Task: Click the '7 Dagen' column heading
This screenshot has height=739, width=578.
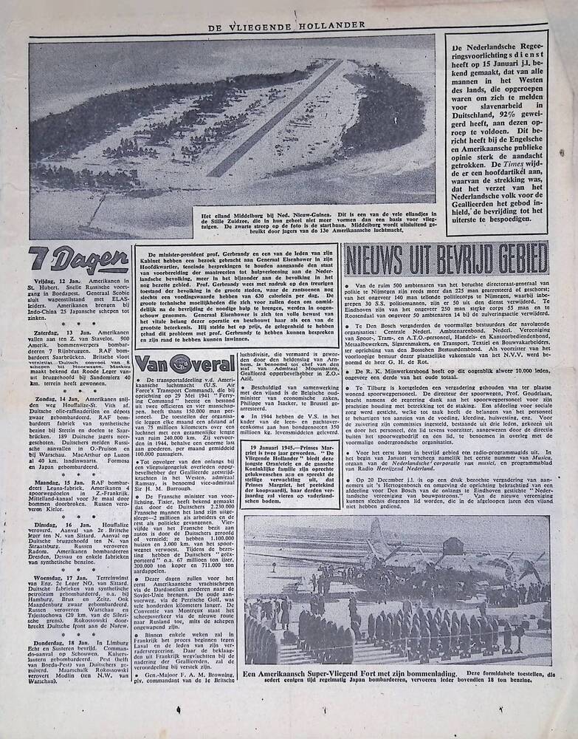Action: tap(79, 259)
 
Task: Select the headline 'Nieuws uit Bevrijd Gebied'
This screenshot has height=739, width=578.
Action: tap(445, 259)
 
